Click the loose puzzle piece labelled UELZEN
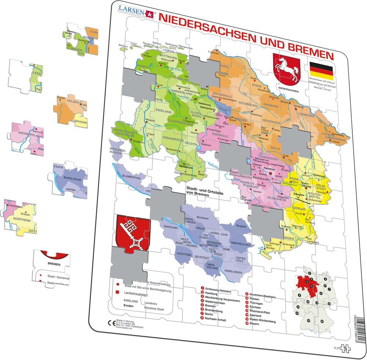[x=72, y=110]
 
